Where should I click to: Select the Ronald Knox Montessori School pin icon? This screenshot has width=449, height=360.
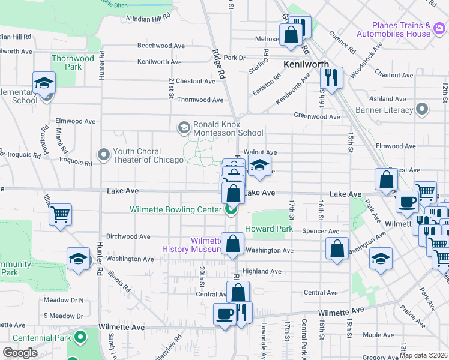coord(184,127)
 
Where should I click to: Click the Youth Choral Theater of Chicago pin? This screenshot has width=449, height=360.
coord(104,155)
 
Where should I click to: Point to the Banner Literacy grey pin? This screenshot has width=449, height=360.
coord(422,110)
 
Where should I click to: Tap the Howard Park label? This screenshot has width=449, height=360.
coord(273,229)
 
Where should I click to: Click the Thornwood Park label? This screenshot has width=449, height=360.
coord(73,62)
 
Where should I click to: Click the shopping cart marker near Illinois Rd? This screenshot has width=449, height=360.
coord(60,214)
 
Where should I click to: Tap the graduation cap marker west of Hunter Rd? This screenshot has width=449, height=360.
coord(77,259)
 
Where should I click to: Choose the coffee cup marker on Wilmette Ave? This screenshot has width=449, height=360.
coord(225,314)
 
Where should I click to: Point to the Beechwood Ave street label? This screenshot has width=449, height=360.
coord(161,46)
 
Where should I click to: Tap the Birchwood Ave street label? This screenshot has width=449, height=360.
coord(128,236)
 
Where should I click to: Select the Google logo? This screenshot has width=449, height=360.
coord(20,353)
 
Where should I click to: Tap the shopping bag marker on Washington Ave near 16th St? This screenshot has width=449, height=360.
coord(337,248)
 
